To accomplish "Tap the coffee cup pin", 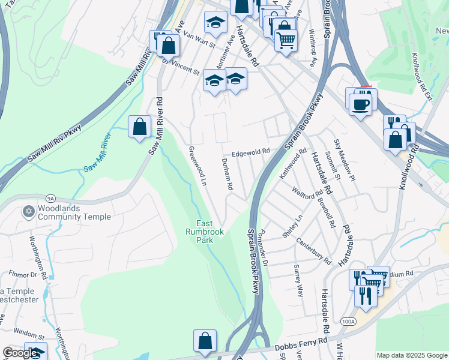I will tap(360, 105).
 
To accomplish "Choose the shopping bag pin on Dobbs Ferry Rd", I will tap(205, 340).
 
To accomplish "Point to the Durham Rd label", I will tap(227, 174).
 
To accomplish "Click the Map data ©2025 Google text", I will tap(411, 355).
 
